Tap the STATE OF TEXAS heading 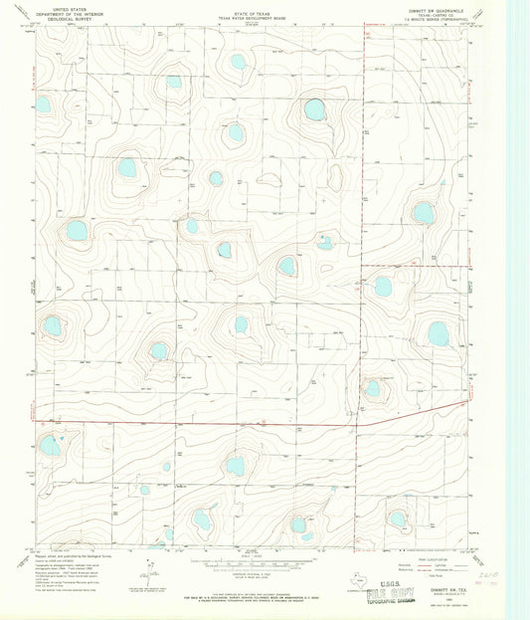[250, 7]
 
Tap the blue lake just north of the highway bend [372, 388]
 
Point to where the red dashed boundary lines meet [360, 266]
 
